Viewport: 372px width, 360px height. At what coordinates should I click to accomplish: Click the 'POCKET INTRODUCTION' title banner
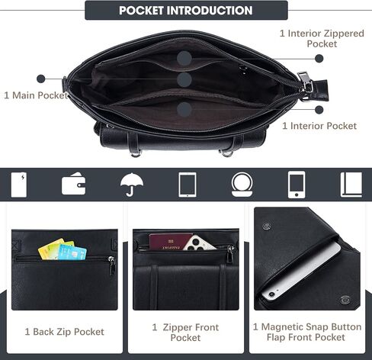(x=186, y=10)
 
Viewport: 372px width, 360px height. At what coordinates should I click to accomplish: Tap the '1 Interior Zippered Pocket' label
(x=322, y=38)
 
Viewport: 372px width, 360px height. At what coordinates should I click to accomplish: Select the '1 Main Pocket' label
(x=36, y=95)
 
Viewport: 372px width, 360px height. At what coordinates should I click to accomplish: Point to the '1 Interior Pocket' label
(x=319, y=126)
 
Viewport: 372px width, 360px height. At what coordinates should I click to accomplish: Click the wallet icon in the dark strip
(x=73, y=184)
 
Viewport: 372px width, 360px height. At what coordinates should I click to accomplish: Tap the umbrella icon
(x=132, y=185)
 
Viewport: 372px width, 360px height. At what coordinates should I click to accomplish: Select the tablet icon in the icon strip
(x=188, y=185)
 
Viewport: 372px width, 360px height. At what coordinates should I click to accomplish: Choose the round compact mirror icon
(x=242, y=185)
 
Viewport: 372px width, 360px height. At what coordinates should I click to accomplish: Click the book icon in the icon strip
(x=351, y=185)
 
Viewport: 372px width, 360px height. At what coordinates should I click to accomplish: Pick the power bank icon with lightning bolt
(x=19, y=185)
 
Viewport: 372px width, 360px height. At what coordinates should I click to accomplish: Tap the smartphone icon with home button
(x=297, y=185)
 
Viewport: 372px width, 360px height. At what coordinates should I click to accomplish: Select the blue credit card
(x=72, y=252)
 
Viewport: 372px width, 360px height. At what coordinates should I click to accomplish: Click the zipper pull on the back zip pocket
(x=112, y=265)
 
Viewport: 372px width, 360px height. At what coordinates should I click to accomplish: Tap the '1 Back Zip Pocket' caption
(x=65, y=332)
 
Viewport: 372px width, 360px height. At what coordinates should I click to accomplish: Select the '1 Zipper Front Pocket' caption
(x=185, y=333)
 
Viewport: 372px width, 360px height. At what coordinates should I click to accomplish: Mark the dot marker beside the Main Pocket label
(x=40, y=79)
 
